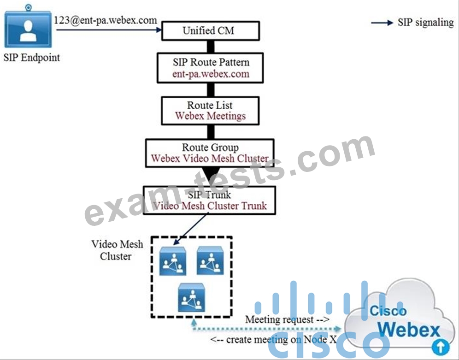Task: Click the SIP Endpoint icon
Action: (x=29, y=30)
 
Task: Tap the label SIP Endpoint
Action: (x=31, y=58)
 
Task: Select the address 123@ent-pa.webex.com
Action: (x=105, y=21)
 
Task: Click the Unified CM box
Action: (x=208, y=31)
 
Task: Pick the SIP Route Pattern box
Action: (x=211, y=68)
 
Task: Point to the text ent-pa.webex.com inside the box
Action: (x=211, y=74)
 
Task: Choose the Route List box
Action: (x=210, y=111)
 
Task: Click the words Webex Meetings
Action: (x=210, y=116)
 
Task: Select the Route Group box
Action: (x=210, y=153)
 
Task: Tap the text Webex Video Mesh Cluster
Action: (x=210, y=159)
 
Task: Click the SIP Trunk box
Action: (x=210, y=200)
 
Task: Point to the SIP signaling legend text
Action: (x=425, y=23)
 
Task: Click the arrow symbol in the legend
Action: (x=382, y=23)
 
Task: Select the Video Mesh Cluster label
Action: (x=117, y=250)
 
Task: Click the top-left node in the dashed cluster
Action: (x=173, y=261)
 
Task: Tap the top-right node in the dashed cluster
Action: (x=210, y=260)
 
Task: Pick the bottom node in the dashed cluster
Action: (x=191, y=298)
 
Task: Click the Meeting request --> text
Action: (x=287, y=319)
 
